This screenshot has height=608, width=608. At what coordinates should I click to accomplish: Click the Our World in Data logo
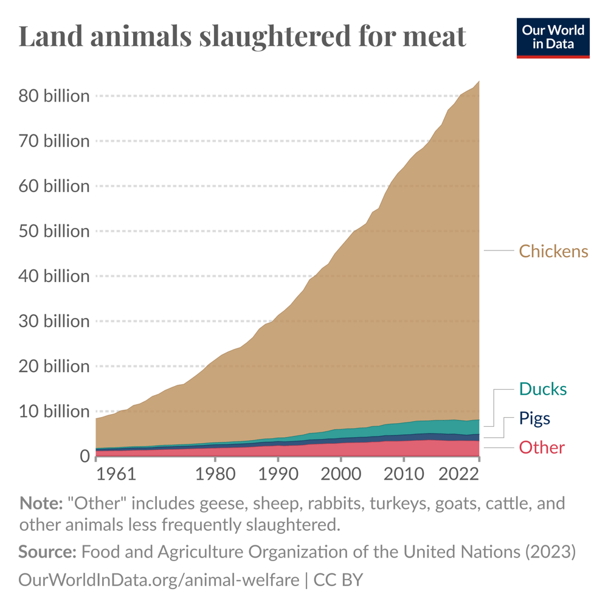[x=553, y=38]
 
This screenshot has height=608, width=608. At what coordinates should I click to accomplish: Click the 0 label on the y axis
[x=83, y=457]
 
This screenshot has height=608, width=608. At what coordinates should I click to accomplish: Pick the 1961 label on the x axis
[x=116, y=474]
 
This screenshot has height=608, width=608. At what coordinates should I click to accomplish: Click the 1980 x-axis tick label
[x=214, y=474]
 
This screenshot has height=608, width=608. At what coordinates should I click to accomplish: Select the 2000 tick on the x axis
[x=340, y=474]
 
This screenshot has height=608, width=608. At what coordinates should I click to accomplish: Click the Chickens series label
[x=553, y=251]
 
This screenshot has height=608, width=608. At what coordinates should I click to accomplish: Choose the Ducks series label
[x=542, y=389]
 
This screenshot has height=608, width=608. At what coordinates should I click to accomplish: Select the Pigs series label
[x=534, y=418]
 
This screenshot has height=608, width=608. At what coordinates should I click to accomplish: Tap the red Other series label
[x=541, y=448]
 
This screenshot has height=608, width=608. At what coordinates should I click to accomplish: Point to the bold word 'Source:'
[x=47, y=552]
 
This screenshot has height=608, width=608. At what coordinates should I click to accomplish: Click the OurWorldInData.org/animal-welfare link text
[x=159, y=579]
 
